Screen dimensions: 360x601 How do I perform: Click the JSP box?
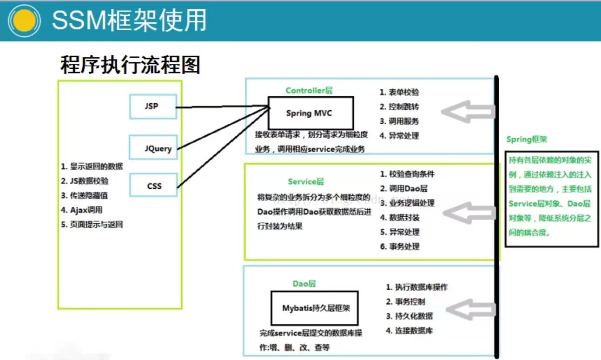point(152,107)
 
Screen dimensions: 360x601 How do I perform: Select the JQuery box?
point(154,148)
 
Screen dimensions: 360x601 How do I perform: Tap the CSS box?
point(154,186)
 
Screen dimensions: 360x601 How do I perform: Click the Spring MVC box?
point(310,113)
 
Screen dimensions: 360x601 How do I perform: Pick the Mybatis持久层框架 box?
point(315,308)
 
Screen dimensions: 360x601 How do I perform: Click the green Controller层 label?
point(309,90)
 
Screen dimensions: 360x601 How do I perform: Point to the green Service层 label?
point(305,181)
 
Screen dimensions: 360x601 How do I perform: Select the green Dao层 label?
point(304,283)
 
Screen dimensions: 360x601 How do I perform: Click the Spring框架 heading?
point(527,140)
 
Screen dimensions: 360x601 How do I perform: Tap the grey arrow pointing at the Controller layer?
point(467,112)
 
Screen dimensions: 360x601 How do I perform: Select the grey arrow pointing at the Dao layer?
point(470,310)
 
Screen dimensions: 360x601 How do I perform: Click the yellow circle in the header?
point(24,20)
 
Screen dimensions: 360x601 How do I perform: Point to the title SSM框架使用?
point(129,20)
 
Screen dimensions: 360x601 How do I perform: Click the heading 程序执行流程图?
point(130,65)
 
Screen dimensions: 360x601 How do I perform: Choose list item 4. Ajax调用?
point(81,210)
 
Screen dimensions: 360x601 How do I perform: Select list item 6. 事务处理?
point(399,247)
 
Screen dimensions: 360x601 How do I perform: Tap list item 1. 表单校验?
point(399,92)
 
